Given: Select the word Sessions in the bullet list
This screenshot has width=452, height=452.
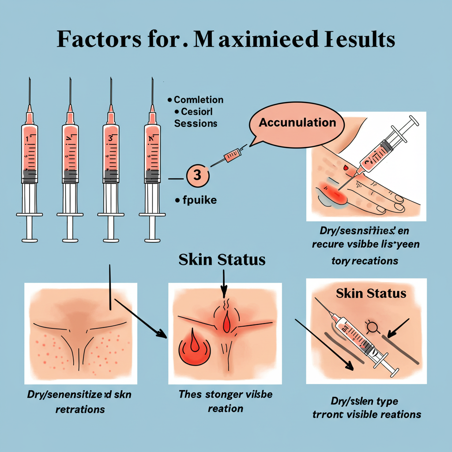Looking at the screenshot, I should pos(196,124).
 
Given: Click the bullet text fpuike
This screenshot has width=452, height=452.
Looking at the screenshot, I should pos(200,200).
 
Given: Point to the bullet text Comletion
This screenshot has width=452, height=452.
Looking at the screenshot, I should pos(199,100).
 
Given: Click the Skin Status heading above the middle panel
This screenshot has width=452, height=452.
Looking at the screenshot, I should pos(222,260).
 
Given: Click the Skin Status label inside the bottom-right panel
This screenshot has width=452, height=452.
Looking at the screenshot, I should pos(371,293).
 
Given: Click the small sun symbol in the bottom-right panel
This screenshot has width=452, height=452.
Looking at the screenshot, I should pos(372,327).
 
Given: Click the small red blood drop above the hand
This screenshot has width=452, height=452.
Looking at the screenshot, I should pos(345,168).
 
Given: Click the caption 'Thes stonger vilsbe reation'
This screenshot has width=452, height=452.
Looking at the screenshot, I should pos(225,401).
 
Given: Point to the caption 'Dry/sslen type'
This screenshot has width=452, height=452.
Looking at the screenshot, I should pos(364,401).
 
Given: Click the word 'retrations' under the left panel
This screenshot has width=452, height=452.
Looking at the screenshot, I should pos(80,409).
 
